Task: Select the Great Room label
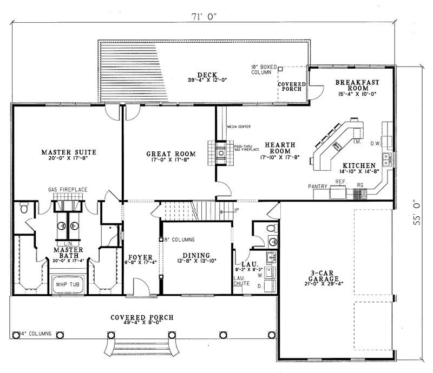[171, 154]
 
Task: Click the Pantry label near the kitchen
[318, 186]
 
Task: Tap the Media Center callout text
[239, 126]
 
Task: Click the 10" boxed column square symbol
[280, 70]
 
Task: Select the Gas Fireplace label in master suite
[67, 189]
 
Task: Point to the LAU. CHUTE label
[241, 280]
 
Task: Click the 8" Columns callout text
[179, 238]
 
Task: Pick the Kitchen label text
[359, 165]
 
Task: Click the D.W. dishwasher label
[375, 144]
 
